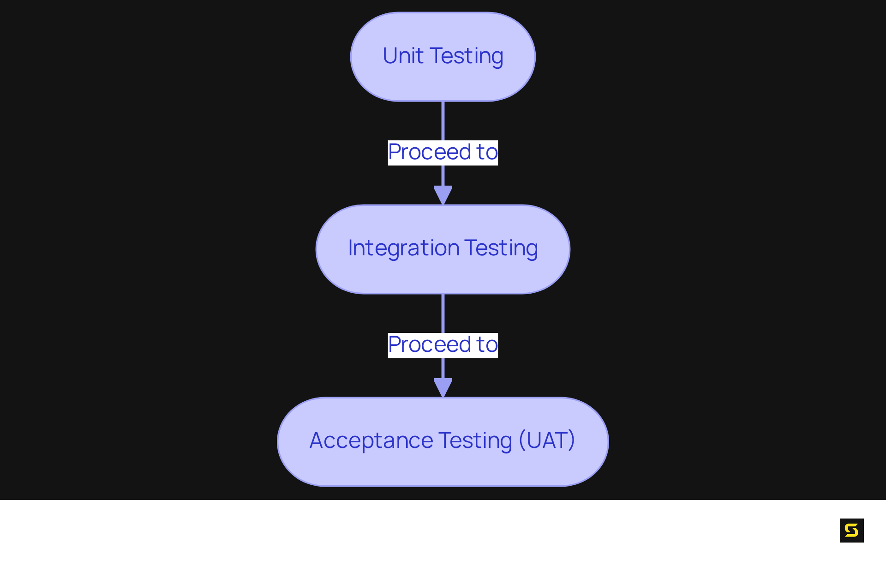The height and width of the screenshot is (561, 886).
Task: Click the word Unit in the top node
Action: [x=403, y=56]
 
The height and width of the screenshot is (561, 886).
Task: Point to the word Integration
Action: [x=403, y=248]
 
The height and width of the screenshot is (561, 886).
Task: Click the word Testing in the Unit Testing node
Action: [x=466, y=56]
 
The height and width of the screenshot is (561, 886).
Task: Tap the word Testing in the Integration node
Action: [x=501, y=248]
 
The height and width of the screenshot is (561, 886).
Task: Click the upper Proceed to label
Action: [x=443, y=152]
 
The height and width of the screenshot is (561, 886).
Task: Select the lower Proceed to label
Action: [x=443, y=345]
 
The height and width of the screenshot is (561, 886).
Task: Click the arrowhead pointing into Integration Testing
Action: [x=443, y=194]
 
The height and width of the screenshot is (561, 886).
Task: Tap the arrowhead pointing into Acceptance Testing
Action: [x=443, y=386]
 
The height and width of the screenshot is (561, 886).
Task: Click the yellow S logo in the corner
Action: [x=851, y=530]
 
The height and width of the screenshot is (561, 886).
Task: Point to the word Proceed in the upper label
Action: [x=429, y=152]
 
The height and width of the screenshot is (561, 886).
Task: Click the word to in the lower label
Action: [x=487, y=345]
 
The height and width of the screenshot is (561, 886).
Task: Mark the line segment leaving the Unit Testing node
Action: [x=443, y=121]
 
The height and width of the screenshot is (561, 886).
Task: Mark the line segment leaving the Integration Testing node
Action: [x=443, y=313]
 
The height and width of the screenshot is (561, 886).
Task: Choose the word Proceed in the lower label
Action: [x=429, y=345]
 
